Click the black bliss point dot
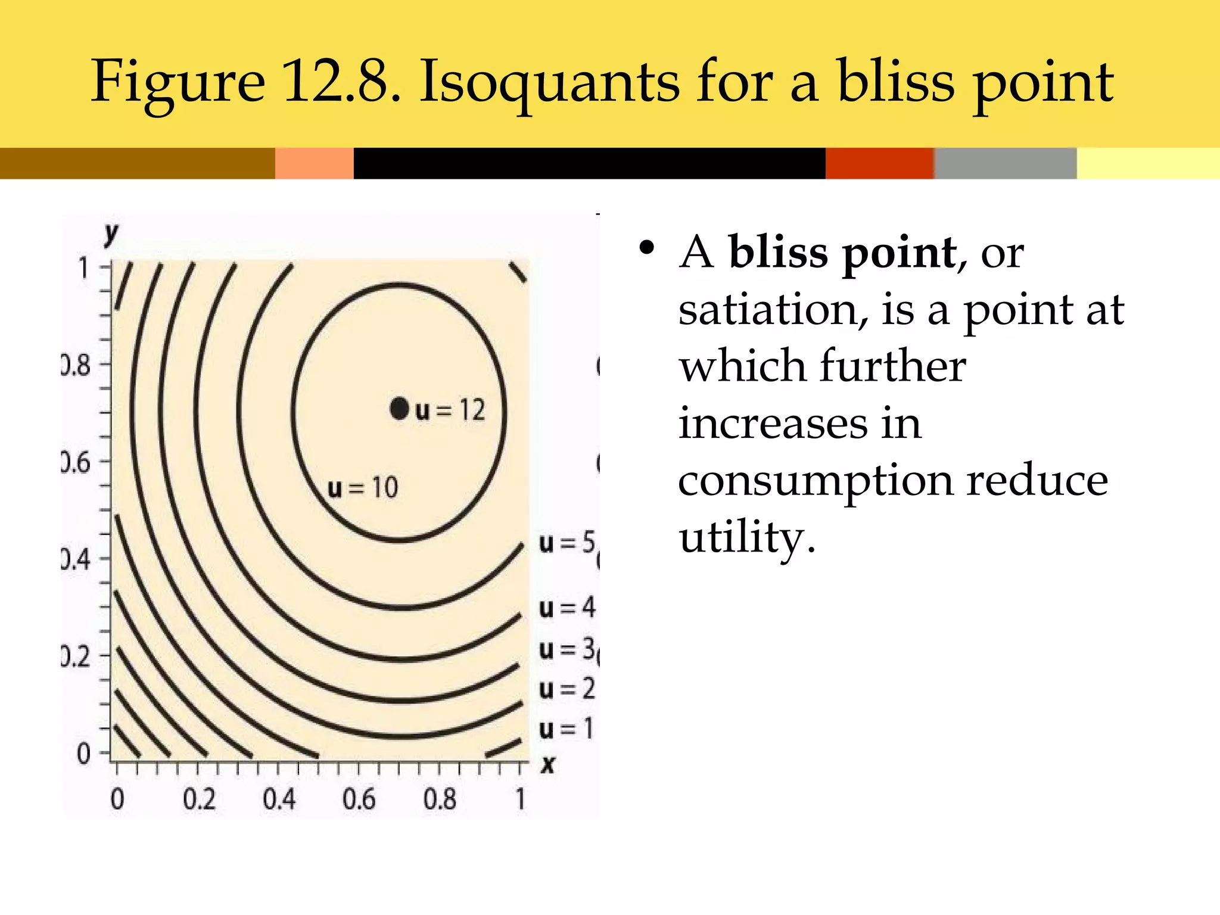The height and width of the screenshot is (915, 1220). point(399,409)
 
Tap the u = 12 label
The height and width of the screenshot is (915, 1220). point(451,410)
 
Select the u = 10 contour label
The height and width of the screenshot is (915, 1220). point(363,488)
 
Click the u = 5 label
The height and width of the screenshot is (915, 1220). point(567,543)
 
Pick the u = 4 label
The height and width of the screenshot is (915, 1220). point(567,608)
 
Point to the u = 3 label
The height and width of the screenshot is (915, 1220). point(567,649)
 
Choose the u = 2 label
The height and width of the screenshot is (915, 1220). point(567,689)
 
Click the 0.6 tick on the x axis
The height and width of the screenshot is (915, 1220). point(359,799)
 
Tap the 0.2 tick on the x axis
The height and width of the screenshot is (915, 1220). point(199,799)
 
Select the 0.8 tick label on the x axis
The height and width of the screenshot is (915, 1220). point(440,799)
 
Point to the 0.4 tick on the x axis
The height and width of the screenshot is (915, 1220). point(279,799)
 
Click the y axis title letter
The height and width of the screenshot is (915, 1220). point(111,234)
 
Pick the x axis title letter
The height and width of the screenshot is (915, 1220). point(547,764)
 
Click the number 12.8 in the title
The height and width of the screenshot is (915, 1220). point(341,82)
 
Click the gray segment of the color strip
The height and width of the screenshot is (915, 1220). point(1005,163)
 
